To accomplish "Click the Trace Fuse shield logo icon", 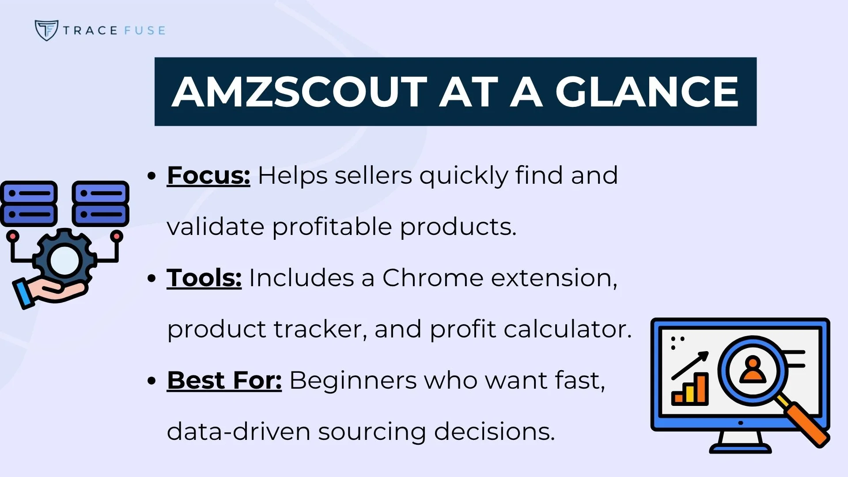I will (46, 30).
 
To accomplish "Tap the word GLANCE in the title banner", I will (647, 92).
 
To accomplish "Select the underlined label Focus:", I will (208, 175).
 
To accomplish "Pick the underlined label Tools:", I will (204, 278).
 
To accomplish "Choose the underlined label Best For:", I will (224, 380).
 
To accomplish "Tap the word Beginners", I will (353, 380).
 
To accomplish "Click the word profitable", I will (332, 227).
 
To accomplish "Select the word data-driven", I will (238, 432).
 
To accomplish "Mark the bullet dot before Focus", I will (152, 176).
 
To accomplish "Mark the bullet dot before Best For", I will (152, 381).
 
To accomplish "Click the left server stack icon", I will (29, 204).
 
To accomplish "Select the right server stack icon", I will (101, 204).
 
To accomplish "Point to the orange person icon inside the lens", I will (753, 370).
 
